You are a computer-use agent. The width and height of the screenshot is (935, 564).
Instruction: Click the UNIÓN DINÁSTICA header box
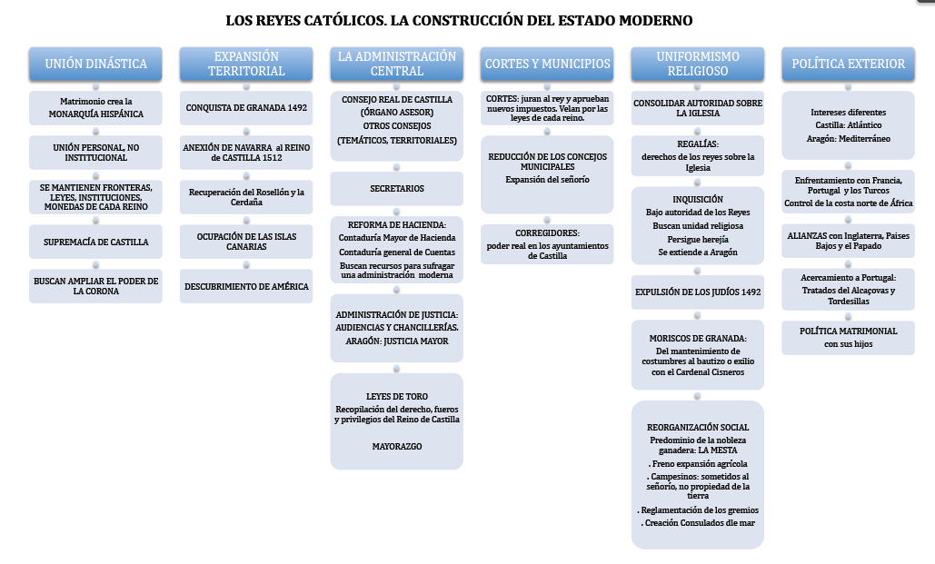[x=95, y=64]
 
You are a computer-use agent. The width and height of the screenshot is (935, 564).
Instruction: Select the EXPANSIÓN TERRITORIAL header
[x=246, y=64]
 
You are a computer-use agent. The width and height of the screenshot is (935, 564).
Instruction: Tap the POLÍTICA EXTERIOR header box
[x=848, y=64]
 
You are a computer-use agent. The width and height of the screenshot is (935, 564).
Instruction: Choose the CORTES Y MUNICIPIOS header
[x=547, y=64]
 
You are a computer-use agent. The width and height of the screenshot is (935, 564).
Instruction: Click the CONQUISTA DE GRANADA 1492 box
[x=246, y=107]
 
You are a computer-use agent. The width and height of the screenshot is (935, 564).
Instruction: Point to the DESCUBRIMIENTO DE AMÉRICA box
[x=246, y=286]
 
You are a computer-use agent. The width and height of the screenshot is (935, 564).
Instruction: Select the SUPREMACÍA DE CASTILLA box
[x=95, y=242]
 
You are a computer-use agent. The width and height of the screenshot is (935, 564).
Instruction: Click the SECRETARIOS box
[x=396, y=189]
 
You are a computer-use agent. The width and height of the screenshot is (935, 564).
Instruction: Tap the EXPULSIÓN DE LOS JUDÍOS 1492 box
[x=697, y=292]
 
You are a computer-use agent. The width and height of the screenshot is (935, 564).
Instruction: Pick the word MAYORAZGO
[x=396, y=447]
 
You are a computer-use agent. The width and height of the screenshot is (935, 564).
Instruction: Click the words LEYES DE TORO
[x=396, y=397]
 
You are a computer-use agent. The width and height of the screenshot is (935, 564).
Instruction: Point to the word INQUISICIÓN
[x=698, y=199]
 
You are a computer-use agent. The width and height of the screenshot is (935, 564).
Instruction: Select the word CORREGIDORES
[x=546, y=233]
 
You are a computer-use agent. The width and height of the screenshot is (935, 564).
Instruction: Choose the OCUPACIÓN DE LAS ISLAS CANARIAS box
[x=246, y=242]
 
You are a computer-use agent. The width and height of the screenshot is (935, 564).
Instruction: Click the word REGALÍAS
[x=698, y=143]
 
